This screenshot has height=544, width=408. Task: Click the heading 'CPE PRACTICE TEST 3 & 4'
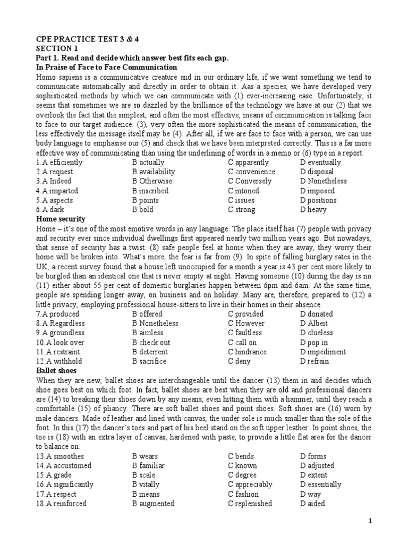pyautogui.click(x=80, y=39)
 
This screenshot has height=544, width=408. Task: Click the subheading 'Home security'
pyautogui.click(x=61, y=219)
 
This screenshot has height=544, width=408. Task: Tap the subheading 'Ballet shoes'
pyautogui.click(x=56, y=370)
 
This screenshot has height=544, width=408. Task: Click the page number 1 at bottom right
pyautogui.click(x=370, y=522)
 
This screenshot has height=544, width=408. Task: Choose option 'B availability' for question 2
pyautogui.click(x=154, y=172)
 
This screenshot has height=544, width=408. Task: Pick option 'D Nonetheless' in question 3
pyautogui.click(x=323, y=181)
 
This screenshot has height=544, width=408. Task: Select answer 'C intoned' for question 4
pyautogui.click(x=244, y=191)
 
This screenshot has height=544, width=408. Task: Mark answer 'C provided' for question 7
pyautogui.click(x=246, y=314)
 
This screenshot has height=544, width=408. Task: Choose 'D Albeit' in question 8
pyautogui.click(x=314, y=324)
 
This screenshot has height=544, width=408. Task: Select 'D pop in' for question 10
pyautogui.click(x=313, y=343)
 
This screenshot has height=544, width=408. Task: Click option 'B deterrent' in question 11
pyautogui.click(x=150, y=352)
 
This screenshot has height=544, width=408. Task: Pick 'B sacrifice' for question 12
pyautogui.click(x=149, y=361)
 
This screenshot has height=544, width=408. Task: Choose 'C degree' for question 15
pyautogui.click(x=242, y=475)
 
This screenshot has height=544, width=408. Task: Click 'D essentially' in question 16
pyautogui.click(x=320, y=484)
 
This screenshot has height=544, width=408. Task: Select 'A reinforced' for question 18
pyautogui.click(x=65, y=504)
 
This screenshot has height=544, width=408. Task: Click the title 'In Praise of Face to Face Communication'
pyautogui.click(x=106, y=67)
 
